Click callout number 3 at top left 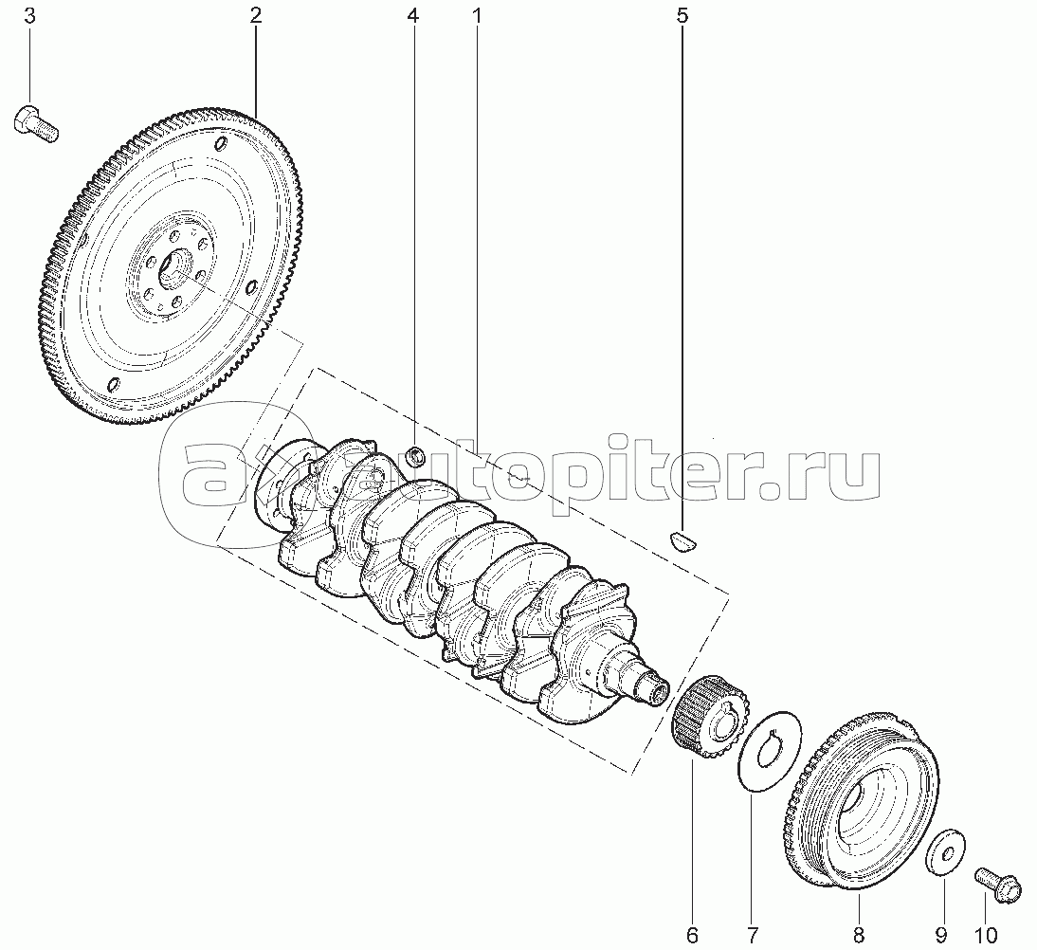tap(30, 16)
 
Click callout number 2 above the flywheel tap(255, 16)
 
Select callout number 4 tap(413, 16)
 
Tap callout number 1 tap(476, 16)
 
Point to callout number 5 tap(682, 16)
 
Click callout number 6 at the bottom tap(692, 935)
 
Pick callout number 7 tap(752, 935)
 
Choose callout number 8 tap(858, 935)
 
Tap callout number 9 tap(941, 935)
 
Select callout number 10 tap(986, 935)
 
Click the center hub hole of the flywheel tap(175, 268)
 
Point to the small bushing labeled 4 tap(416, 456)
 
